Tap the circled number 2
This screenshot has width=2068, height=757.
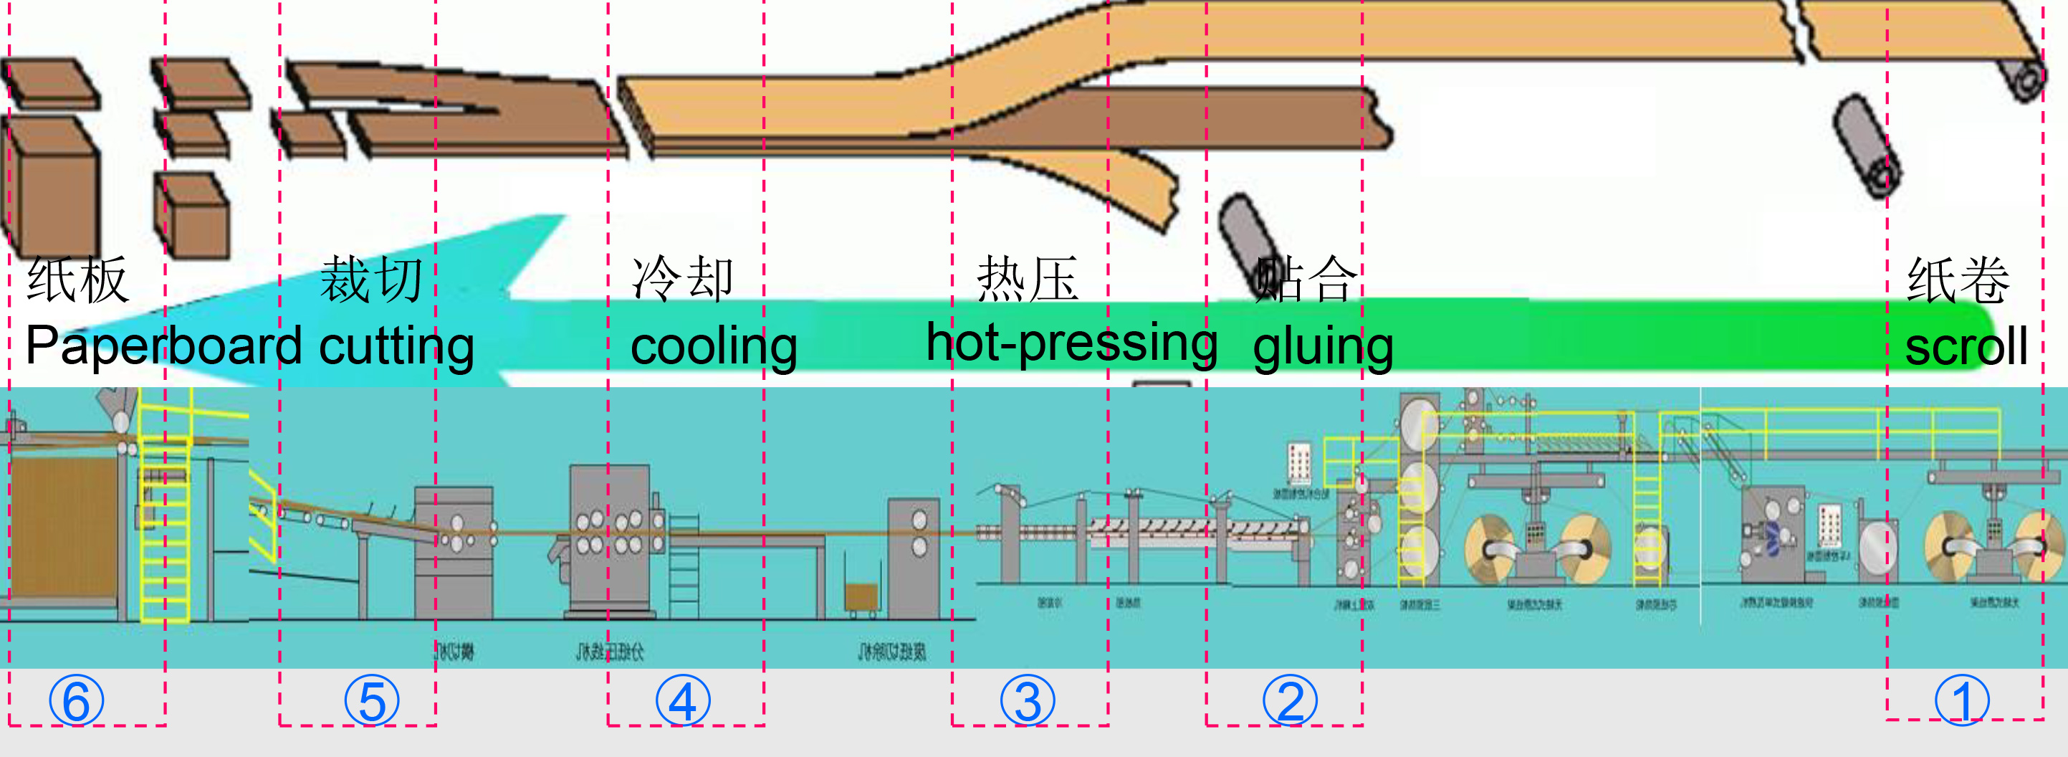[1289, 701]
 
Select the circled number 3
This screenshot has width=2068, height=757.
[1028, 701]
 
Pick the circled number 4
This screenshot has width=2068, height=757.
[682, 701]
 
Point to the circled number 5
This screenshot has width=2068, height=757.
[372, 701]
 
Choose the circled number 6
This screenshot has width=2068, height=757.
[76, 701]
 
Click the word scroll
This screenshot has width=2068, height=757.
[1966, 347]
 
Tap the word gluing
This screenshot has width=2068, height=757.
[1322, 347]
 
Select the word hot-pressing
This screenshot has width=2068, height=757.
[1072, 343]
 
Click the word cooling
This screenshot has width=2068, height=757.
[714, 347]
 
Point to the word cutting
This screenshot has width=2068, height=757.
[396, 347]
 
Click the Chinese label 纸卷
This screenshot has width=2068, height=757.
[1958, 280]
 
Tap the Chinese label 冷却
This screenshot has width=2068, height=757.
[682, 279]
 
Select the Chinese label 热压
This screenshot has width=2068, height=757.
[1027, 279]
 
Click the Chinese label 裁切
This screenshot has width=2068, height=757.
[371, 280]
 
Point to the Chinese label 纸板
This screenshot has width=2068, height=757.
[77, 280]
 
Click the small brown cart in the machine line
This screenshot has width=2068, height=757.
[861, 598]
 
